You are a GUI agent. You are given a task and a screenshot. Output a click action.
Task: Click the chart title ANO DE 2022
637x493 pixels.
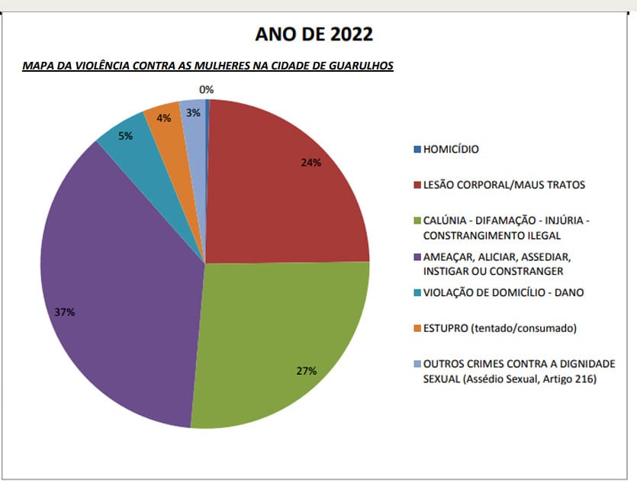pos(314,34)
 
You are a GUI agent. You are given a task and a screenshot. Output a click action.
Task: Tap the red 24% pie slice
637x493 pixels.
pos(282,191)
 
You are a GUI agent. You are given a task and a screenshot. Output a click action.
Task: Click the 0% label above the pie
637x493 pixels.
pos(206,90)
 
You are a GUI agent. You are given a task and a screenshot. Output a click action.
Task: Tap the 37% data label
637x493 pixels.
pos(65,312)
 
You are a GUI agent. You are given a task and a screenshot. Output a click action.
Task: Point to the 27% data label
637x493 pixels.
pos(307,371)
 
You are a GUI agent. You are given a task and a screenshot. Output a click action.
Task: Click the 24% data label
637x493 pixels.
pos(310,163)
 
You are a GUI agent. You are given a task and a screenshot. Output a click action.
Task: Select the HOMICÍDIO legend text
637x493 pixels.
pos(451,150)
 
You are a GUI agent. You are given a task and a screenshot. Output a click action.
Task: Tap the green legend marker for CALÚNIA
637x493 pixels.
pos(417,221)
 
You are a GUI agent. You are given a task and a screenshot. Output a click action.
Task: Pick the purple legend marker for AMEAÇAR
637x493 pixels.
pos(417,257)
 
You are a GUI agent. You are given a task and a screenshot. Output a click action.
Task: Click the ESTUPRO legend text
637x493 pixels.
pos(498,328)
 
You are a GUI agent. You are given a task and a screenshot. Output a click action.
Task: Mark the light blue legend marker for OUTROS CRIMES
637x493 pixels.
pos(417,364)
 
